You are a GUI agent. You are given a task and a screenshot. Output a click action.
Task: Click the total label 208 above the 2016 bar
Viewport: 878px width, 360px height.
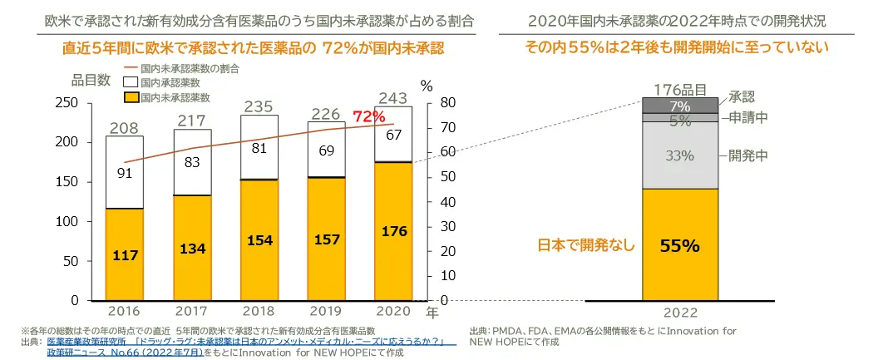point(124,128)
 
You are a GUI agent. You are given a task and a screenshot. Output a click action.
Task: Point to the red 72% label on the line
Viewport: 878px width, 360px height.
point(368,117)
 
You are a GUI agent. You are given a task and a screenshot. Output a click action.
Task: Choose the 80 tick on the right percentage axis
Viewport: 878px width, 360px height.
point(448,103)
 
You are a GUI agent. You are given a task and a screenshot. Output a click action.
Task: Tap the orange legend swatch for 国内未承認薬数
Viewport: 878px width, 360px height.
point(130,98)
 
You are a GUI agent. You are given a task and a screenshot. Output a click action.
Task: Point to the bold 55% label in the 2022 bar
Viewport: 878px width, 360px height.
point(679,245)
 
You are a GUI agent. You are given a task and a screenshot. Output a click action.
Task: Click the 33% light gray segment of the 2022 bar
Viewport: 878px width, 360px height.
point(679,155)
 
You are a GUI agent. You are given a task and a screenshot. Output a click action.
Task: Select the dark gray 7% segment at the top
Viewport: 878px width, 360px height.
point(679,106)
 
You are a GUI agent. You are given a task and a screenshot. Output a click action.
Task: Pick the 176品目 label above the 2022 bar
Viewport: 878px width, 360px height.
point(679,89)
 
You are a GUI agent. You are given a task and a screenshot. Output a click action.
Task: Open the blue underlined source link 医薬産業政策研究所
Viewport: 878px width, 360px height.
point(85,342)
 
